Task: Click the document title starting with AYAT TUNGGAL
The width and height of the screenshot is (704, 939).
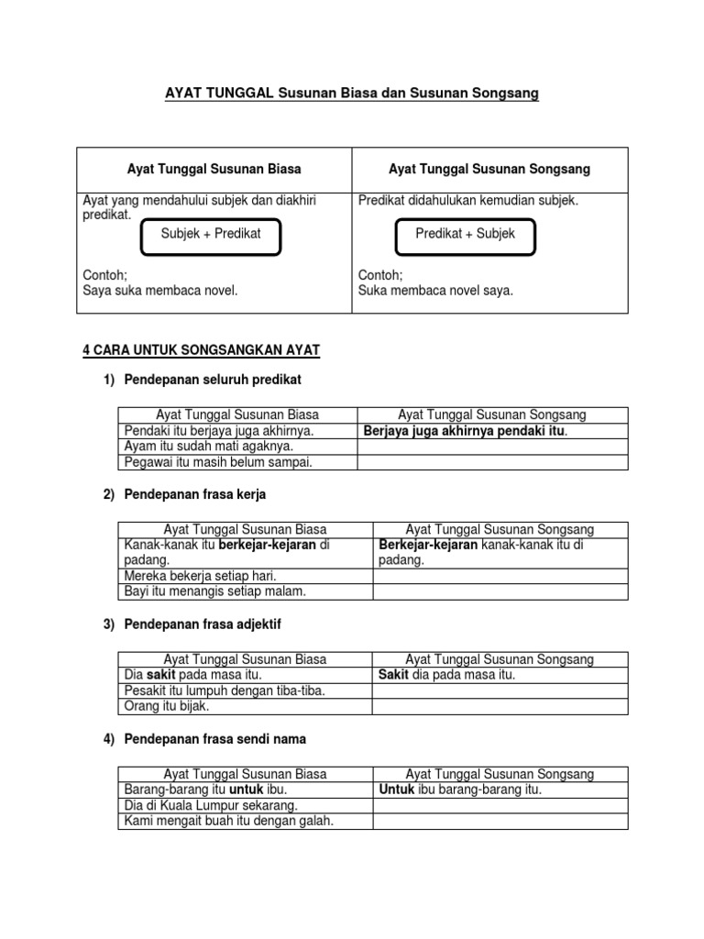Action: coord(351,94)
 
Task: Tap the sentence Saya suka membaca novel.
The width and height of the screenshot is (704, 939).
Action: coord(160,291)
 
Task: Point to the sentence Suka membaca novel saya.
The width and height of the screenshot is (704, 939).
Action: coord(435,291)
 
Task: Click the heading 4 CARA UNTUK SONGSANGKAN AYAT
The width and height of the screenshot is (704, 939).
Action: coord(202,350)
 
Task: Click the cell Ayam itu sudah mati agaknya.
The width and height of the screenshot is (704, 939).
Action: coord(209,447)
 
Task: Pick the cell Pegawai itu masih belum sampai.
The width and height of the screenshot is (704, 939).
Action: coord(218,462)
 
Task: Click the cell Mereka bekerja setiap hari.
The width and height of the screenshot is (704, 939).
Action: coord(202,576)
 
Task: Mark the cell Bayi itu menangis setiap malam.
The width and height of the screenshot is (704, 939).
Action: coord(214,591)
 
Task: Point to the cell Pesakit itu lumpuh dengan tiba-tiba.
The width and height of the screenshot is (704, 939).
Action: coord(225,690)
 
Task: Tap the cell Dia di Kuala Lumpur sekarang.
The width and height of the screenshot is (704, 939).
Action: coord(211,805)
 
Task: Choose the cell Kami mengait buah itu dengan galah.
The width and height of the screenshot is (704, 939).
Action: coord(228,821)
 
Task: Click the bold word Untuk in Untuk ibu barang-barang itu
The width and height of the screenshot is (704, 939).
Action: coord(396,790)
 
